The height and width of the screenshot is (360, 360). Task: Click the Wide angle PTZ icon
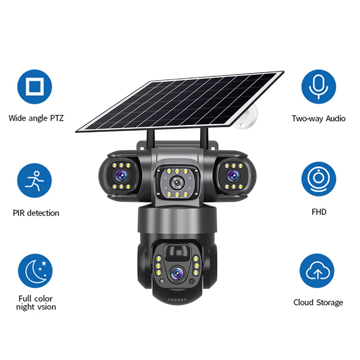(x=35, y=87)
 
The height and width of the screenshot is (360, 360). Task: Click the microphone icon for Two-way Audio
(x=319, y=86)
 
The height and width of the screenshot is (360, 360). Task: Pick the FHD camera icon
(x=319, y=179)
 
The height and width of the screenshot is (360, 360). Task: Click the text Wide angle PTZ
(x=36, y=118)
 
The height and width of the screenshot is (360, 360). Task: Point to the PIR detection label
(x=36, y=212)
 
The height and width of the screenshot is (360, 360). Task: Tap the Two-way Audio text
(x=319, y=118)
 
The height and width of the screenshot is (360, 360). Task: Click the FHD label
(x=319, y=211)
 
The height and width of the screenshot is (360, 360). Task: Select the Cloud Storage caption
(x=318, y=302)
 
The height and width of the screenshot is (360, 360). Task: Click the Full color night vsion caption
(x=36, y=302)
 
